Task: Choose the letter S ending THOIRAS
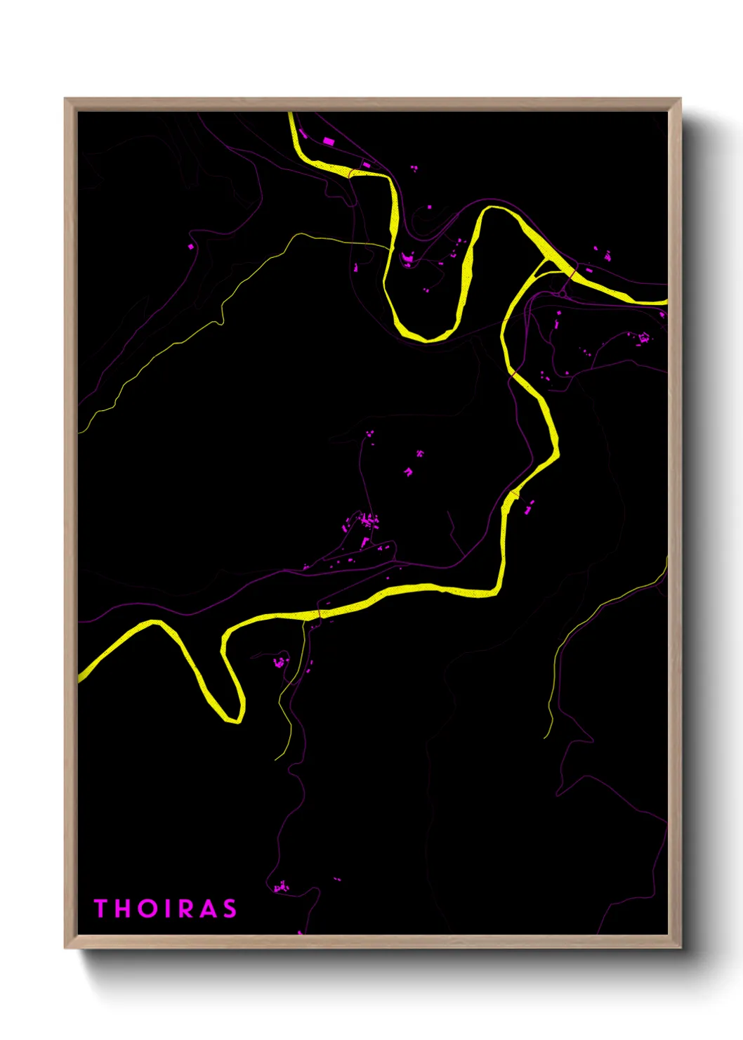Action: (x=230, y=909)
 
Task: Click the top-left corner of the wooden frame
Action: (x=65, y=99)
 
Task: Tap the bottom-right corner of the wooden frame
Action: (x=680, y=947)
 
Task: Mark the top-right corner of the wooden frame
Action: (x=680, y=99)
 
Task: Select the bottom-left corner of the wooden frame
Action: (x=65, y=947)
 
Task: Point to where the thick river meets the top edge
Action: (x=290, y=113)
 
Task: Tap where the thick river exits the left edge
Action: (x=79, y=676)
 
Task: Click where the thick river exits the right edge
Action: (x=666, y=302)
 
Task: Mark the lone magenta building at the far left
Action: (x=190, y=246)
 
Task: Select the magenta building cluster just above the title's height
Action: (x=281, y=887)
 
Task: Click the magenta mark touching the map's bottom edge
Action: (x=300, y=932)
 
